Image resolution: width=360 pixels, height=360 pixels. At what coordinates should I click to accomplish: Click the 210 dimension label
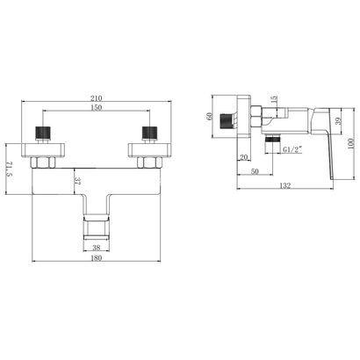coord(97,97)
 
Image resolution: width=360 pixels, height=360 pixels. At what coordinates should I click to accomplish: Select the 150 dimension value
coord(97,107)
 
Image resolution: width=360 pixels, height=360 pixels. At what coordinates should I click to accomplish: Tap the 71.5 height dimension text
coord(9,169)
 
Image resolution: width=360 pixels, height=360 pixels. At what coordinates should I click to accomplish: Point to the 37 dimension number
coord(78,181)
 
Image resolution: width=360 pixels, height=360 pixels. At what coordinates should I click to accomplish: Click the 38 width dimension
coord(97,248)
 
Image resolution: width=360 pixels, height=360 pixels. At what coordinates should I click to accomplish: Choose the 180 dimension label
coord(97,258)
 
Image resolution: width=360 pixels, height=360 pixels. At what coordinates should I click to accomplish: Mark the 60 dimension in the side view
coord(209,116)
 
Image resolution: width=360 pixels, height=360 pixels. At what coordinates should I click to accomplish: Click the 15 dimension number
coord(274,98)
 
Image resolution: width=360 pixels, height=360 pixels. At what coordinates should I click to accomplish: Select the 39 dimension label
coord(337,121)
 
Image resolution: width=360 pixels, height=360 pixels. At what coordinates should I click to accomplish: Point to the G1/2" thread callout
coord(292,149)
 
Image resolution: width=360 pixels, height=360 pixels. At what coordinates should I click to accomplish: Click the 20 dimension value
coord(243,157)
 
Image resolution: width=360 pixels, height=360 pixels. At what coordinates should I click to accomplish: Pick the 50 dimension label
coord(255,171)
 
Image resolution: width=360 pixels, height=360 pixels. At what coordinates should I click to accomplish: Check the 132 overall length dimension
coord(285,185)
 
